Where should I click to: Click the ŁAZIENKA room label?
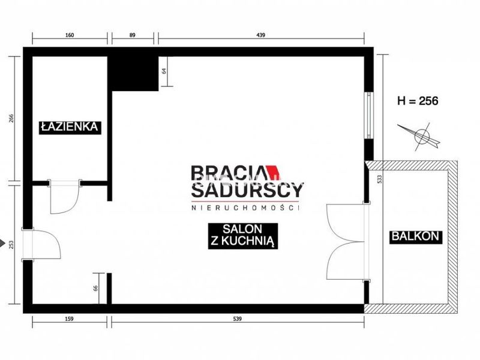(70, 127)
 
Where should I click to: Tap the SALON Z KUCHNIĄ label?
(243, 235)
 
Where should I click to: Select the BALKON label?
(415, 236)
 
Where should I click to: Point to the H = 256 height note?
(418, 100)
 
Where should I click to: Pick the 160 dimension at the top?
(70, 35)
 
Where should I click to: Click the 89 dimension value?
(132, 35)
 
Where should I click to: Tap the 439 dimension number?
(260, 35)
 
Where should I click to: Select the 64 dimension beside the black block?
(164, 71)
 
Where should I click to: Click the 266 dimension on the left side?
(11, 118)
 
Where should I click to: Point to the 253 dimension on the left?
(11, 244)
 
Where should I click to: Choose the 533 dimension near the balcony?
(380, 179)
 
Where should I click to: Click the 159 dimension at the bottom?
(69, 319)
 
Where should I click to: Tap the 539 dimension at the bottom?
(237, 319)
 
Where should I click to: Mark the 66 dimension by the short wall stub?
(95, 289)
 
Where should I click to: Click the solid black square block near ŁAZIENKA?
(135, 74)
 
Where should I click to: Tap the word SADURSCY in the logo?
(247, 190)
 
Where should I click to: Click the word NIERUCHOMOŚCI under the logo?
(245, 208)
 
